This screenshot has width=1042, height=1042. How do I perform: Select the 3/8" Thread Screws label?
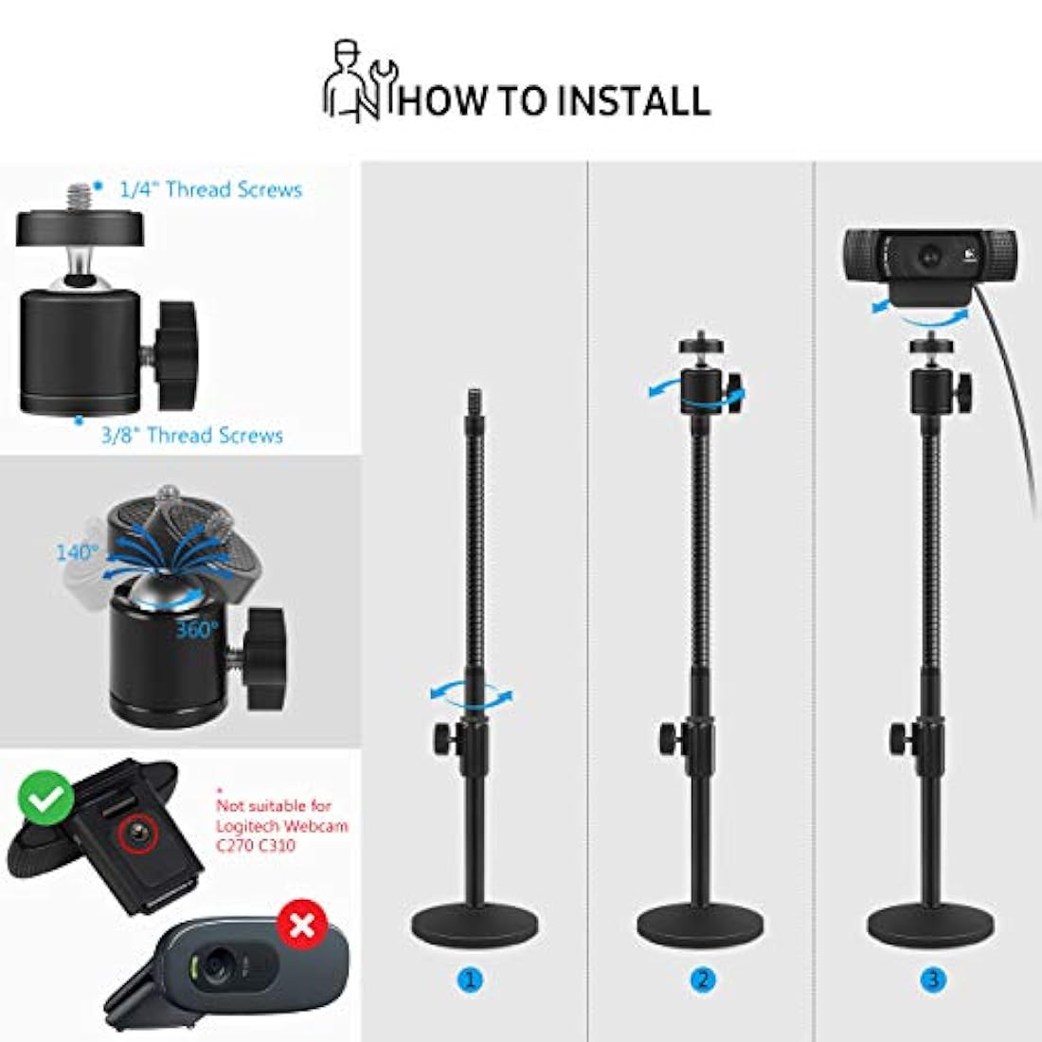[191, 436]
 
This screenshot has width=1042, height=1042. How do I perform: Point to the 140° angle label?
[76, 552]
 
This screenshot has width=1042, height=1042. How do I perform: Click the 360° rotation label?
[197, 629]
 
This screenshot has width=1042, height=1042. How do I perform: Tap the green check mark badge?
[45, 801]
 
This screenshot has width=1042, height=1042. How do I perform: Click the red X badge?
[301, 925]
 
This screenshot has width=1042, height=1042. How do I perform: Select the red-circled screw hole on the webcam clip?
[135, 832]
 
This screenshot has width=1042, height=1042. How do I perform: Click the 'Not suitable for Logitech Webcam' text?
[281, 824]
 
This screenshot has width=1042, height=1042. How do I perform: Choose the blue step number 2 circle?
[702, 979]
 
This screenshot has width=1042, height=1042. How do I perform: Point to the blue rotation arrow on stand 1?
[471, 693]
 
